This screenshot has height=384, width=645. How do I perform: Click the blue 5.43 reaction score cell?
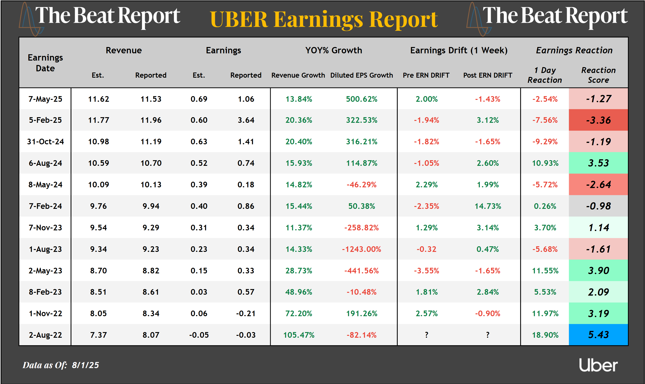598,335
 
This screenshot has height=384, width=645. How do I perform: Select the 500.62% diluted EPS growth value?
362,99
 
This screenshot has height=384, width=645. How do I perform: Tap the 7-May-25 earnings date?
45,99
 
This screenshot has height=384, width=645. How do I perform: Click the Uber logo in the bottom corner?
598,365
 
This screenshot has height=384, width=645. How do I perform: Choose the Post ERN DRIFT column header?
488,75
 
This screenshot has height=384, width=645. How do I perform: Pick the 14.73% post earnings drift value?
488,206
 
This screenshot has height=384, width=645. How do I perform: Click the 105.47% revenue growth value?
299,335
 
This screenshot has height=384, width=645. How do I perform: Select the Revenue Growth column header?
298,75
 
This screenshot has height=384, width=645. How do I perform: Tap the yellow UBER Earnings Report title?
324,20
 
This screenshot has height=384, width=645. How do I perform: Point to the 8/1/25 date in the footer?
85,365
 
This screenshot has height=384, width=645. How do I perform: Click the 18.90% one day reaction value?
545,335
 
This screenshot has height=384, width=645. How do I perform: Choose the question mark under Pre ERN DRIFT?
426,335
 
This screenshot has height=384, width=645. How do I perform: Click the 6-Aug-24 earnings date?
45,163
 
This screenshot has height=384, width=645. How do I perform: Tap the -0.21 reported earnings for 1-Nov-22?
246,314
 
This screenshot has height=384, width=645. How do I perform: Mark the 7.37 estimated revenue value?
98,335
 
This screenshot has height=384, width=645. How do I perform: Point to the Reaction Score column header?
598,75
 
